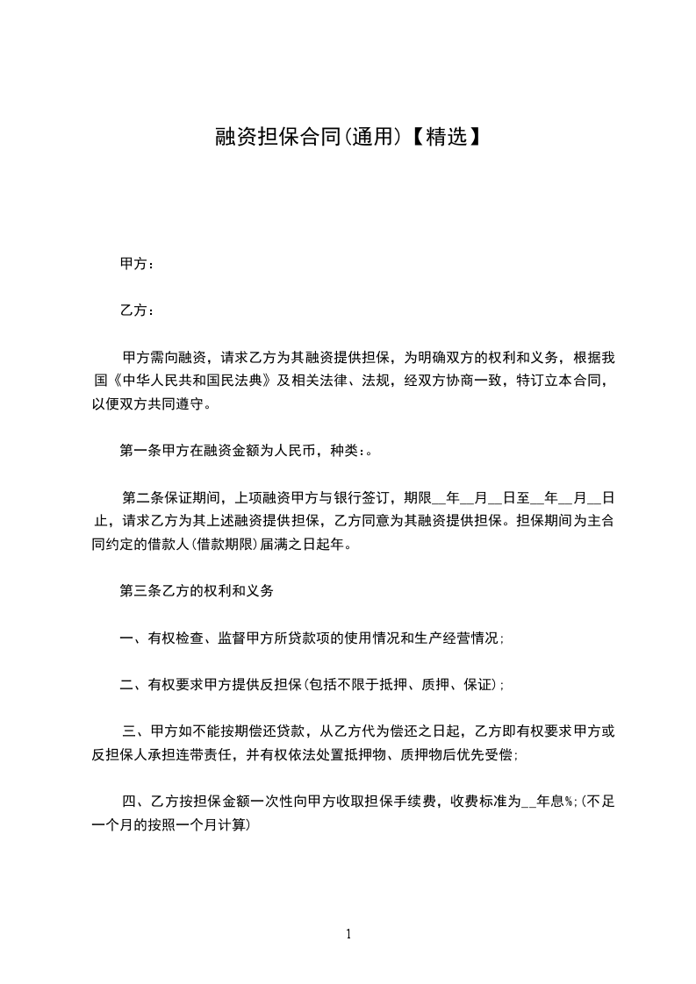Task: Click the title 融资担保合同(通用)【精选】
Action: pyautogui.click(x=348, y=137)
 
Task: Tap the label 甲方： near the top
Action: pyautogui.click(x=137, y=263)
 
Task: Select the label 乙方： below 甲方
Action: pyautogui.click(x=137, y=310)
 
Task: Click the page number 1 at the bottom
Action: pyautogui.click(x=348, y=934)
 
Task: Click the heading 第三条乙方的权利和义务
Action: pyautogui.click(x=197, y=591)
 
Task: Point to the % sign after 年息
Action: pyautogui.click(x=570, y=802)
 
